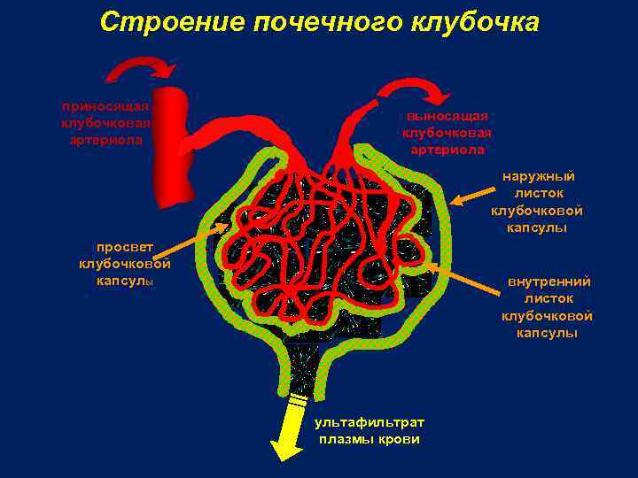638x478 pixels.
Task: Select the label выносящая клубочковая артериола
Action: click(x=447, y=133)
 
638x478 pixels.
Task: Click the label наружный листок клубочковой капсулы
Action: click(x=537, y=202)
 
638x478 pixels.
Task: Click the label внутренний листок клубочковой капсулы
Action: click(x=546, y=307)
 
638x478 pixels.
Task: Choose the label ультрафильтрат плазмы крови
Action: click(x=370, y=430)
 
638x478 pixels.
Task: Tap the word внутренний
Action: click(x=549, y=281)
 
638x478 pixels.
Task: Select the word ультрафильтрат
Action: click(x=370, y=422)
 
